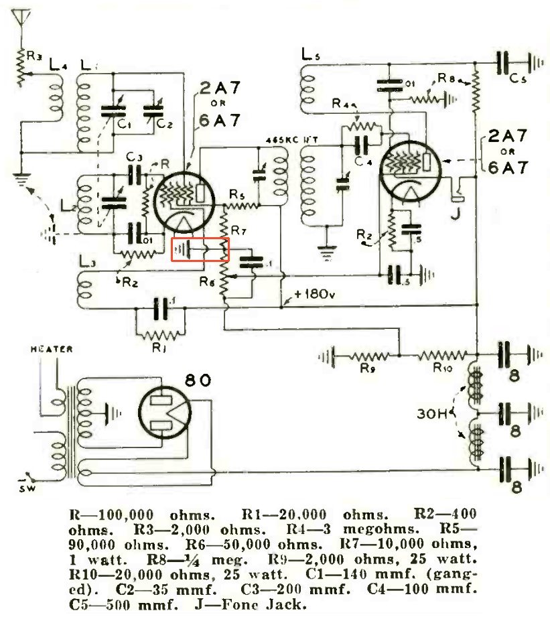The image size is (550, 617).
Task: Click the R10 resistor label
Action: coord(441,368)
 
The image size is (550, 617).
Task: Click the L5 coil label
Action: coord(312,55)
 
